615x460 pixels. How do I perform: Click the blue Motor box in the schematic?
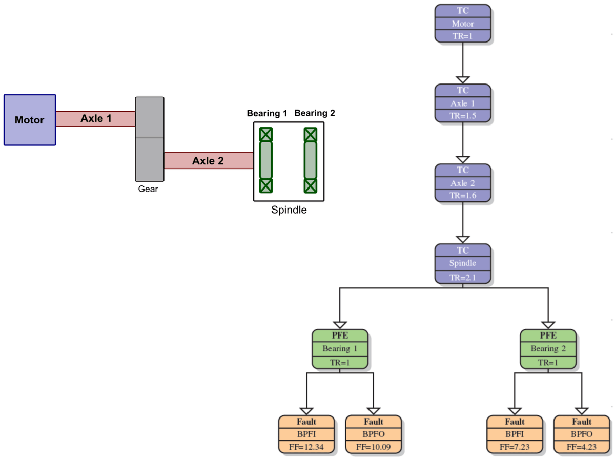29,120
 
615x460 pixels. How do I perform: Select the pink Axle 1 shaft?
95,119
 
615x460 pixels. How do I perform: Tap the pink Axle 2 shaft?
208,161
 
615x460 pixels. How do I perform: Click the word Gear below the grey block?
148,189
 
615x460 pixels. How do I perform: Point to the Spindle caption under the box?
289,210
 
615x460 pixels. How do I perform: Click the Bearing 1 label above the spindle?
266,113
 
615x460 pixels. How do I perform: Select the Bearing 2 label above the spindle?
315,113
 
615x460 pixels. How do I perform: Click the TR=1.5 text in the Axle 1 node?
463,116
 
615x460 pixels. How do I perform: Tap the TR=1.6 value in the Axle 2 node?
463,196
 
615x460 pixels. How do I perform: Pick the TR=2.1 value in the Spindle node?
463,278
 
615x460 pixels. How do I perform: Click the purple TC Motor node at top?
463,23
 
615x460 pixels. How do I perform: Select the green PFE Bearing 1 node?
340,349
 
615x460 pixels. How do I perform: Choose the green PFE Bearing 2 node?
548,349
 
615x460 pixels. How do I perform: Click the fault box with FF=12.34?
306,434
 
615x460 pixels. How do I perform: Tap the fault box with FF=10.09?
374,434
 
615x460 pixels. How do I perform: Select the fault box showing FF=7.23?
515,434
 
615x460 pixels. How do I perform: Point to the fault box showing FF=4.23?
582,434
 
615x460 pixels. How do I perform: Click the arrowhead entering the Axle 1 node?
463,79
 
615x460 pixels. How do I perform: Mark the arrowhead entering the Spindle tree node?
463,239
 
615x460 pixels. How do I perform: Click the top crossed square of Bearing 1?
265,135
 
